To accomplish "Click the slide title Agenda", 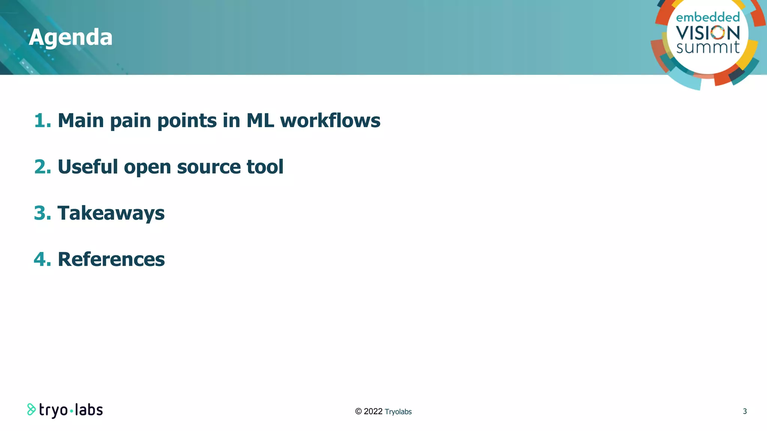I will [x=70, y=37].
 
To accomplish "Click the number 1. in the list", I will [x=42, y=120].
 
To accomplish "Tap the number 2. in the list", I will [x=42, y=166].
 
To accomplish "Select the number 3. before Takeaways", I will [x=42, y=213].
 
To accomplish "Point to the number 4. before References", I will [x=42, y=259].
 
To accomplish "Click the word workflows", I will [x=330, y=120].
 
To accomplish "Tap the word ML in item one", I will [x=260, y=120].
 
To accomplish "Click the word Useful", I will [x=88, y=166].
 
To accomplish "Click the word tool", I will [x=265, y=166].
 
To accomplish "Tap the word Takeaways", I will [x=111, y=213].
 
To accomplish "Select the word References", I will [x=111, y=259].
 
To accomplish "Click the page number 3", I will [x=745, y=411].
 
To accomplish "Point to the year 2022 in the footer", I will [x=373, y=412].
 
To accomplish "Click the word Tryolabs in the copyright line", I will [x=398, y=412].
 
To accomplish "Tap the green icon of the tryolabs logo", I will [x=31, y=409].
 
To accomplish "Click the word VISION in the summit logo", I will [x=708, y=33].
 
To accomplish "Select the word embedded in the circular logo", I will [x=708, y=17].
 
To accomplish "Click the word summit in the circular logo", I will [x=708, y=48].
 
